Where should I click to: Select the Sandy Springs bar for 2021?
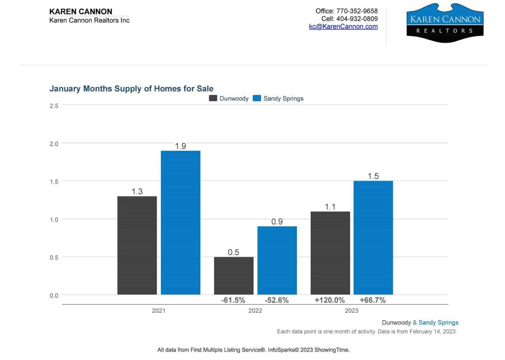(181, 222)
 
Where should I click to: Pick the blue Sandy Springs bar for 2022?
(277, 260)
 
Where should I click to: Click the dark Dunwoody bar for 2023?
(330, 253)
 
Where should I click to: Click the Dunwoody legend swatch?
(213, 98)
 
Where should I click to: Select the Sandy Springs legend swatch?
(257, 98)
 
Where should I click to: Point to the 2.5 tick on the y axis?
(54, 106)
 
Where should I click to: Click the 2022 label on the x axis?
(255, 311)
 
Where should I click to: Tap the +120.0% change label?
(330, 300)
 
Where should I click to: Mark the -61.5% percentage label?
(233, 300)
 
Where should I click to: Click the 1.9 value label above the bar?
(181, 146)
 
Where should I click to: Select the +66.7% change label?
(373, 300)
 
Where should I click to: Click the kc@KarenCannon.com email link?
(343, 26)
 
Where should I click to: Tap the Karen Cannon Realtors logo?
(445, 23)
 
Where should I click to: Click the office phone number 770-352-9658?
(357, 11)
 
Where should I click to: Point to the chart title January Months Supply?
(131, 88)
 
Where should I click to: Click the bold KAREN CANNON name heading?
(81, 11)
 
